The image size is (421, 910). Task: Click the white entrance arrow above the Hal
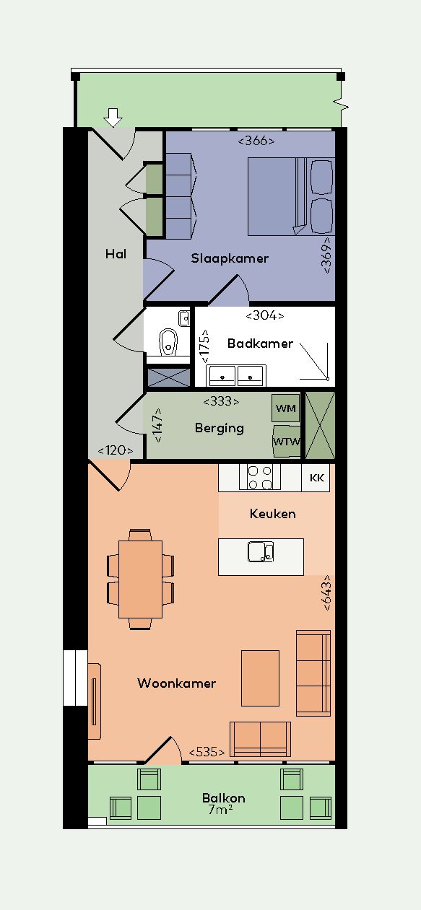pyautogui.click(x=113, y=118)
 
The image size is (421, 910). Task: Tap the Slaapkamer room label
pyautogui.click(x=230, y=258)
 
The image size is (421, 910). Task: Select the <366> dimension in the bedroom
pyautogui.click(x=256, y=141)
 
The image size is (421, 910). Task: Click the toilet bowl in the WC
pyautogui.click(x=168, y=342)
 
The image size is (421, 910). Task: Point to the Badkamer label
pyautogui.click(x=260, y=344)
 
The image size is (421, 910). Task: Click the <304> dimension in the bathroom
pyautogui.click(x=265, y=315)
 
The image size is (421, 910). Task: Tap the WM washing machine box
pyautogui.click(x=286, y=408)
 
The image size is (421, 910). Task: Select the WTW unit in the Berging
pyautogui.click(x=287, y=441)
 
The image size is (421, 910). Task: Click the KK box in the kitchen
pyautogui.click(x=316, y=478)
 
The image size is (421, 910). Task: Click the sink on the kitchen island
pyautogui.click(x=261, y=552)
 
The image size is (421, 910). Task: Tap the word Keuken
pyautogui.click(x=272, y=514)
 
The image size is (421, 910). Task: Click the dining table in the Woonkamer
pyautogui.click(x=141, y=579)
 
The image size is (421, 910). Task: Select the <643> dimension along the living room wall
pyautogui.click(x=328, y=592)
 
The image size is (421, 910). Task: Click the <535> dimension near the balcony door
pyautogui.click(x=207, y=752)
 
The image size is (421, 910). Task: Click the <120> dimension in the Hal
pyautogui.click(x=116, y=450)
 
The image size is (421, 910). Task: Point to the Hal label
pyautogui.click(x=116, y=254)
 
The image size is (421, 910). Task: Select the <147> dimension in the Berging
pyautogui.click(x=157, y=425)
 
